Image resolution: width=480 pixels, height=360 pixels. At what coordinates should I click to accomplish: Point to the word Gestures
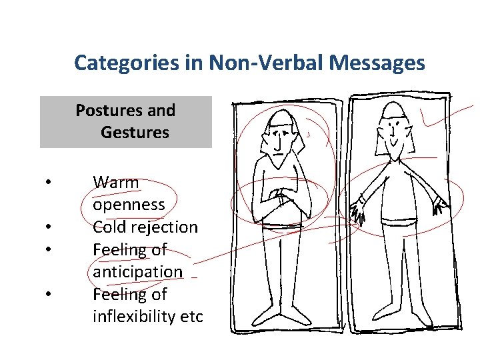(135, 132)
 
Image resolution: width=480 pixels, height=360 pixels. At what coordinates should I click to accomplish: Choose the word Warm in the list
(116, 181)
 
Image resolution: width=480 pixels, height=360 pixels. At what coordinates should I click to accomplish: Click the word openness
(129, 204)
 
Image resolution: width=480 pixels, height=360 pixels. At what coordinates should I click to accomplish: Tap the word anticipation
(137, 271)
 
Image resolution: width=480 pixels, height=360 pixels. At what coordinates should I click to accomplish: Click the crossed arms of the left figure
(280, 198)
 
